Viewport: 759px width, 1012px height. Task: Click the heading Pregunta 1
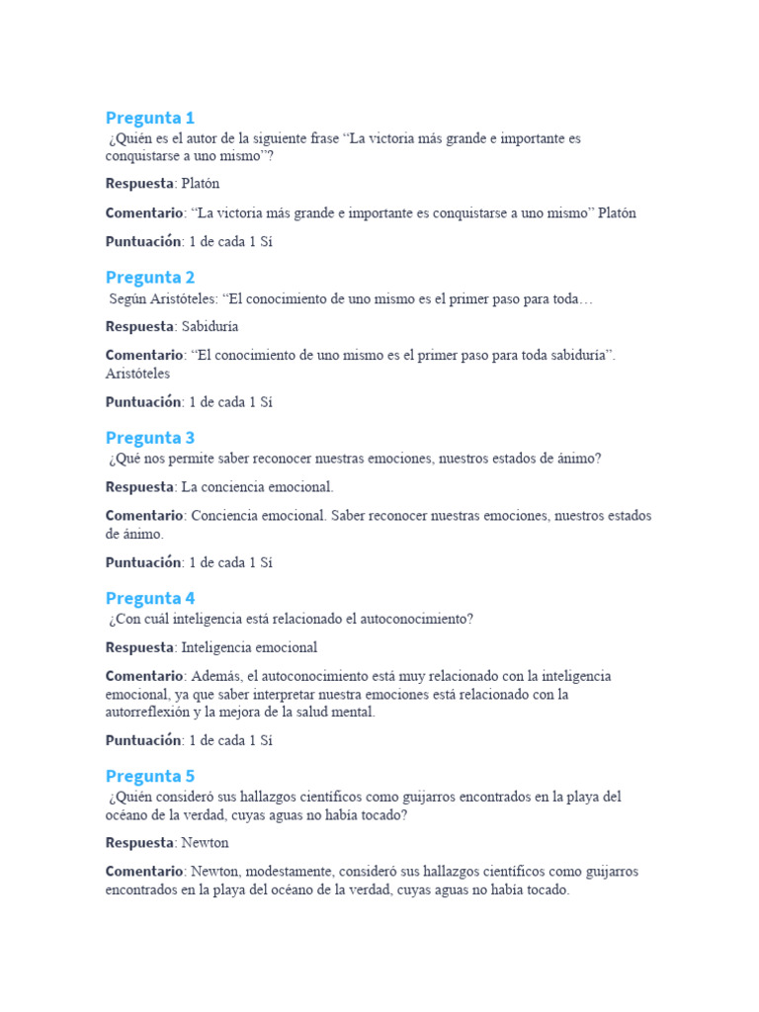[x=150, y=118]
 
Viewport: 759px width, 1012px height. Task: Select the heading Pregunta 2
[x=150, y=278]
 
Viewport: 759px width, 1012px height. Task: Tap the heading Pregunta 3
[x=150, y=438]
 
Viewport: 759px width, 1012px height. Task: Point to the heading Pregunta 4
[x=150, y=598]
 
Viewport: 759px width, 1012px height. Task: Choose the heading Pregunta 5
[x=150, y=776]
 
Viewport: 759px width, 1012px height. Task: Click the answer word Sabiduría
[x=211, y=326]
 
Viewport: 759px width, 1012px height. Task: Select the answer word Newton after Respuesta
[x=206, y=843]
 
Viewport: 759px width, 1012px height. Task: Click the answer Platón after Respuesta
[x=201, y=184]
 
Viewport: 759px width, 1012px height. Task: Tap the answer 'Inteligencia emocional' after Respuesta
[x=250, y=647]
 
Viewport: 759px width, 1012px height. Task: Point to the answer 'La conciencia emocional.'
[x=258, y=487]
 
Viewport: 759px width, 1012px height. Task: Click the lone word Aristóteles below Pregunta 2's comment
[x=137, y=374]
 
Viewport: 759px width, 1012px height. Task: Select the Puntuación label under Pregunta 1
[x=143, y=241]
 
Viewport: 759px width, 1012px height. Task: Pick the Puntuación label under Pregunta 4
[x=143, y=739]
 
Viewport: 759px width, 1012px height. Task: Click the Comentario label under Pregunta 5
[x=144, y=872]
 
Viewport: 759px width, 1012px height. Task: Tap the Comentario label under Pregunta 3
[x=144, y=516]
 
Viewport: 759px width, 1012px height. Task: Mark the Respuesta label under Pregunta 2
[x=139, y=326]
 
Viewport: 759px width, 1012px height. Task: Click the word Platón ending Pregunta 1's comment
[x=618, y=212]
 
